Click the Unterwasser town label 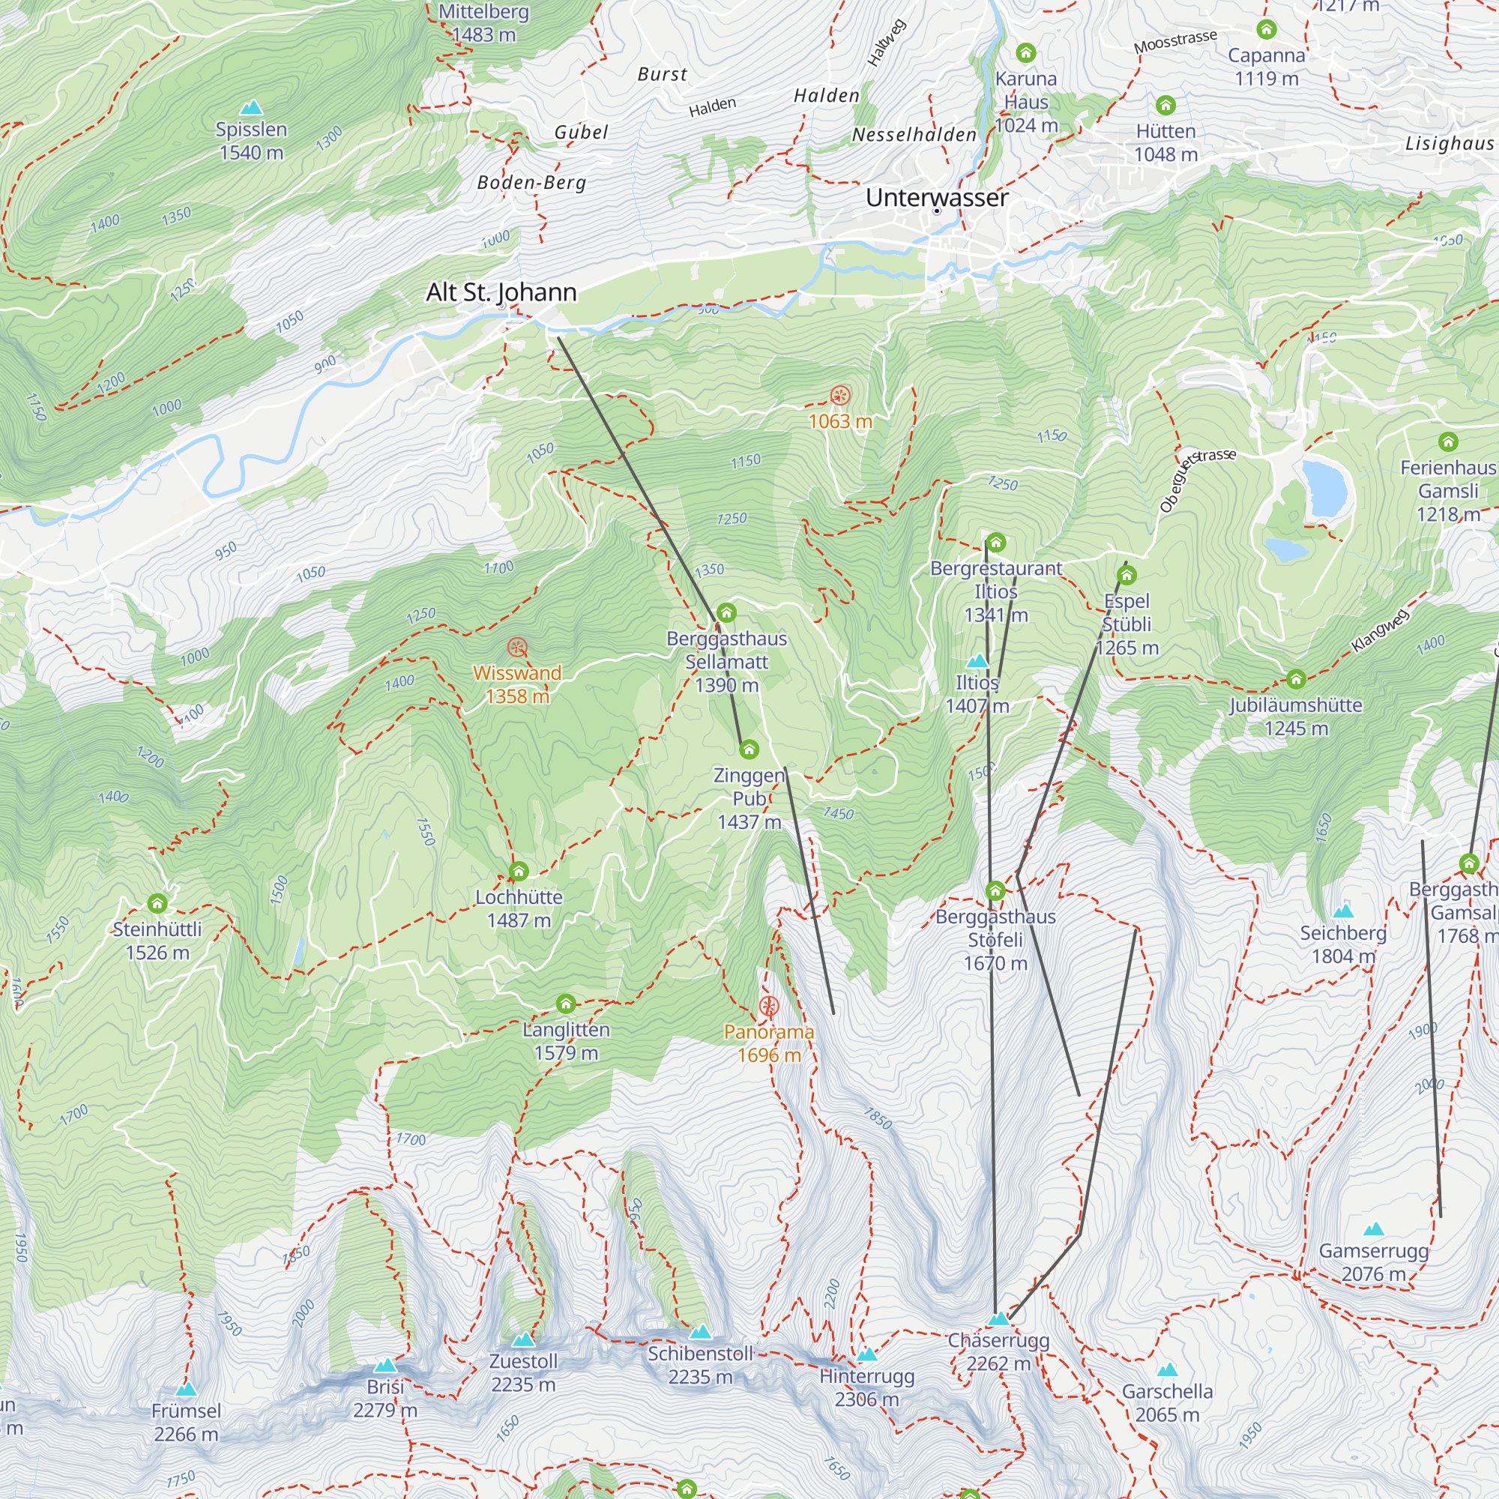(x=936, y=198)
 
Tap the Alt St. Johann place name (x=501, y=292)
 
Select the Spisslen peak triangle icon (x=250, y=108)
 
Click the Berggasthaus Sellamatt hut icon (x=726, y=613)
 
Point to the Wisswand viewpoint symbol (x=517, y=647)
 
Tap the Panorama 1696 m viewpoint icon (x=768, y=1007)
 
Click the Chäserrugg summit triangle (x=999, y=1318)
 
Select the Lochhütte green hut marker (x=519, y=872)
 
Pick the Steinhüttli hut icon (x=157, y=903)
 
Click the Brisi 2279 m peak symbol (x=384, y=1366)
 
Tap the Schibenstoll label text (x=700, y=1354)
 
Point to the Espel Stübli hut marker (x=1126, y=575)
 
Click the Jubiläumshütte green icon (x=1296, y=680)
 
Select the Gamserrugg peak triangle (x=1373, y=1230)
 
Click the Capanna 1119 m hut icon (x=1266, y=29)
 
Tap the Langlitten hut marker (x=566, y=1004)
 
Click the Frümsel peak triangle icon (x=186, y=1389)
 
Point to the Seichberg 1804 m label (x=1343, y=944)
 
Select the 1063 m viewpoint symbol (x=839, y=396)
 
